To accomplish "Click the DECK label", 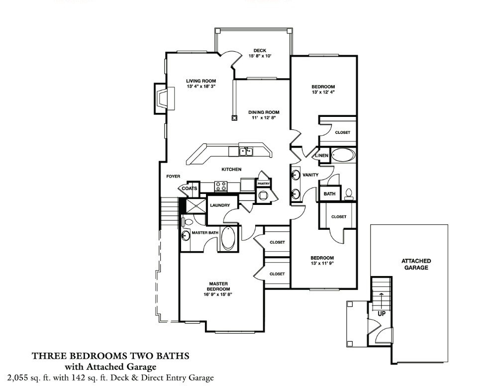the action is (x=260, y=50).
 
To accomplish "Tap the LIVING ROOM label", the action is (x=201, y=81).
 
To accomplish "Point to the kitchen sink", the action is (x=246, y=151).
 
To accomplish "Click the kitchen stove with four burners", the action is (x=220, y=187).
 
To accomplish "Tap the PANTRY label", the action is (x=264, y=184).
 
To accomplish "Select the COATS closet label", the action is (x=190, y=189).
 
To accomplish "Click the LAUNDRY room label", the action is (x=219, y=205).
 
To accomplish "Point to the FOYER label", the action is (x=173, y=177).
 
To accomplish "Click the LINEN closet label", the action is (x=321, y=156).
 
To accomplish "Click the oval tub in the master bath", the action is (x=229, y=238).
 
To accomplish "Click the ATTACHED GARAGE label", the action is (x=416, y=264).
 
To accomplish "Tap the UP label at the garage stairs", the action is (x=382, y=314).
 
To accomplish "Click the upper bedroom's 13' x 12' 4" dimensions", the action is (x=323, y=93).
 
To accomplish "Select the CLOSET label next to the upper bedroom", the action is (x=342, y=133).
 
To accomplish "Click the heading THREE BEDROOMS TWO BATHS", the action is (x=110, y=356).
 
